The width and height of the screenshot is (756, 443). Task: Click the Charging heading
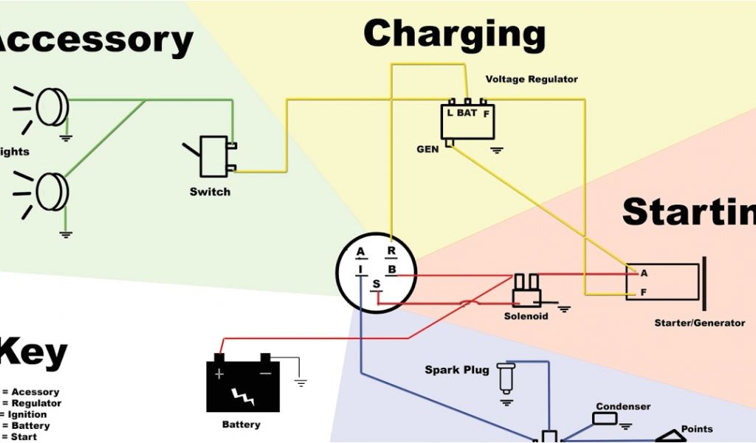(454, 35)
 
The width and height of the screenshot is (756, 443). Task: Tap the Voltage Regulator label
(532, 79)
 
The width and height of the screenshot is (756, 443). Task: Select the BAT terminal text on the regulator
(467, 113)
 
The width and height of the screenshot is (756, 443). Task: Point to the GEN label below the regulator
(427, 149)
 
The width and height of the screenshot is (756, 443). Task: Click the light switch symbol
(215, 155)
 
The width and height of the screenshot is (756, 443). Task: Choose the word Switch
(210, 192)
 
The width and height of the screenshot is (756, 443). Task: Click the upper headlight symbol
(52, 107)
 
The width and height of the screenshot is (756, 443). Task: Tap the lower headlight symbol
(52, 190)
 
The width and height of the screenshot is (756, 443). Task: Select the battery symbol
(242, 384)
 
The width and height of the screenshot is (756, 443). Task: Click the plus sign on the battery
(219, 374)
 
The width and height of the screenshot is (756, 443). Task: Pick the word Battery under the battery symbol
(241, 425)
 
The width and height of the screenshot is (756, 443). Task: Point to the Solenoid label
(526, 316)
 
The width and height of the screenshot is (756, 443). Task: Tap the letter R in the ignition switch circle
(391, 251)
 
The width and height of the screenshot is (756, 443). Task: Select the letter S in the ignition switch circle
(376, 285)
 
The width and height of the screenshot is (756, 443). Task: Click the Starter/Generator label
(699, 323)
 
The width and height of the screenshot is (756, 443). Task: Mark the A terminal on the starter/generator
(644, 273)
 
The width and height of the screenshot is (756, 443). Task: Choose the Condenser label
(623, 407)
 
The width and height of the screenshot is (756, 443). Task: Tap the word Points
(697, 429)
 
